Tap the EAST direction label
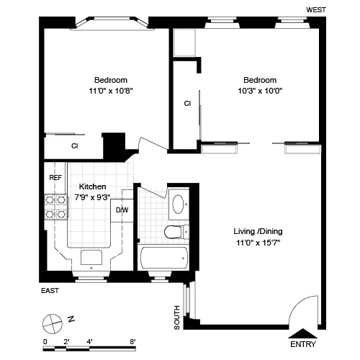tap(49, 291)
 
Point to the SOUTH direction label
tap(177, 318)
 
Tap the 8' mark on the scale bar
tap(132, 342)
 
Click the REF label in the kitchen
tap(55, 177)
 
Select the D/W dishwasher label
tap(122, 210)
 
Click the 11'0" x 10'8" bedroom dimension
tap(111, 91)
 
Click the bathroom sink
tap(177, 204)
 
